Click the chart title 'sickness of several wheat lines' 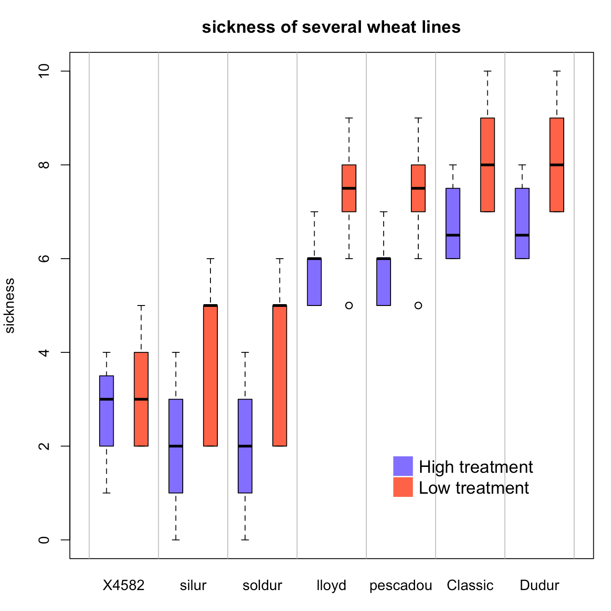tap(331, 27)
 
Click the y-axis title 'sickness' tap(10, 305)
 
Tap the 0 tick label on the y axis tap(44, 540)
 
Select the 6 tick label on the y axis tap(44, 259)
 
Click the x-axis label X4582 tap(124, 585)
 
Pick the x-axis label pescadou tap(401, 585)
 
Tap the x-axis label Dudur tap(539, 585)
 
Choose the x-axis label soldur tap(262, 585)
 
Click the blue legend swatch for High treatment tap(403, 466)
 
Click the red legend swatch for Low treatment tap(403, 487)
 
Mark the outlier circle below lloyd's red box tap(349, 305)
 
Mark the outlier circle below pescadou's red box tap(418, 305)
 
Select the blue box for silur tap(176, 468)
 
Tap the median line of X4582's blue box tap(106, 399)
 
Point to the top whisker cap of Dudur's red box tap(557, 71)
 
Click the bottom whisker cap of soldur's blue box tap(245, 540)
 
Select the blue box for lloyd tap(314, 282)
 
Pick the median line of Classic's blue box tap(453, 235)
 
